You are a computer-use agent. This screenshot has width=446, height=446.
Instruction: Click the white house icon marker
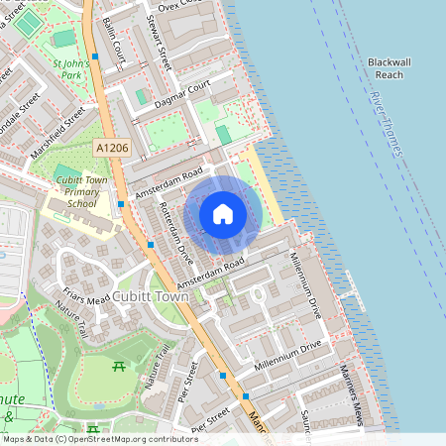point(223,214)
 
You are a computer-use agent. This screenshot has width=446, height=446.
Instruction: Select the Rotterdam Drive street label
point(176,233)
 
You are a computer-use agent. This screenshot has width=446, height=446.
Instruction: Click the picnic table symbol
point(119,368)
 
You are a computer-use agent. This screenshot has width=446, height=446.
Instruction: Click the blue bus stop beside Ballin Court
point(95,56)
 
